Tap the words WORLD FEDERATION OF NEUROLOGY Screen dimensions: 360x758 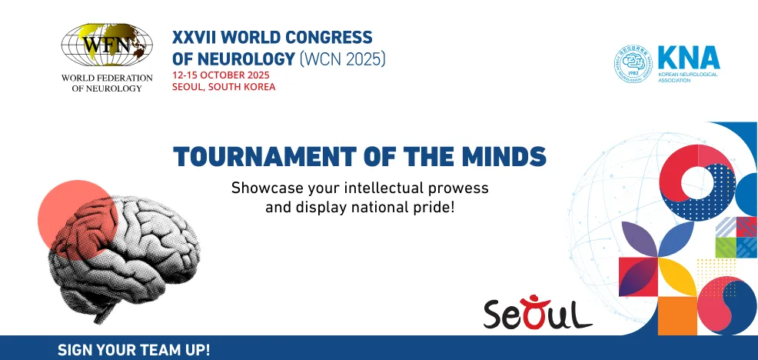tap(101, 83)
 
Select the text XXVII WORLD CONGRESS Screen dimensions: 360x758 tap(273, 37)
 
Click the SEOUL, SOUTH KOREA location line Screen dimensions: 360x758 tap(224, 87)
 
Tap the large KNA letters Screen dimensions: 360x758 tap(688, 57)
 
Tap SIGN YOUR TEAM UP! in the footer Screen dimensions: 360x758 tap(134, 349)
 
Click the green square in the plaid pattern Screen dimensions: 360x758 tap(725, 247)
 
